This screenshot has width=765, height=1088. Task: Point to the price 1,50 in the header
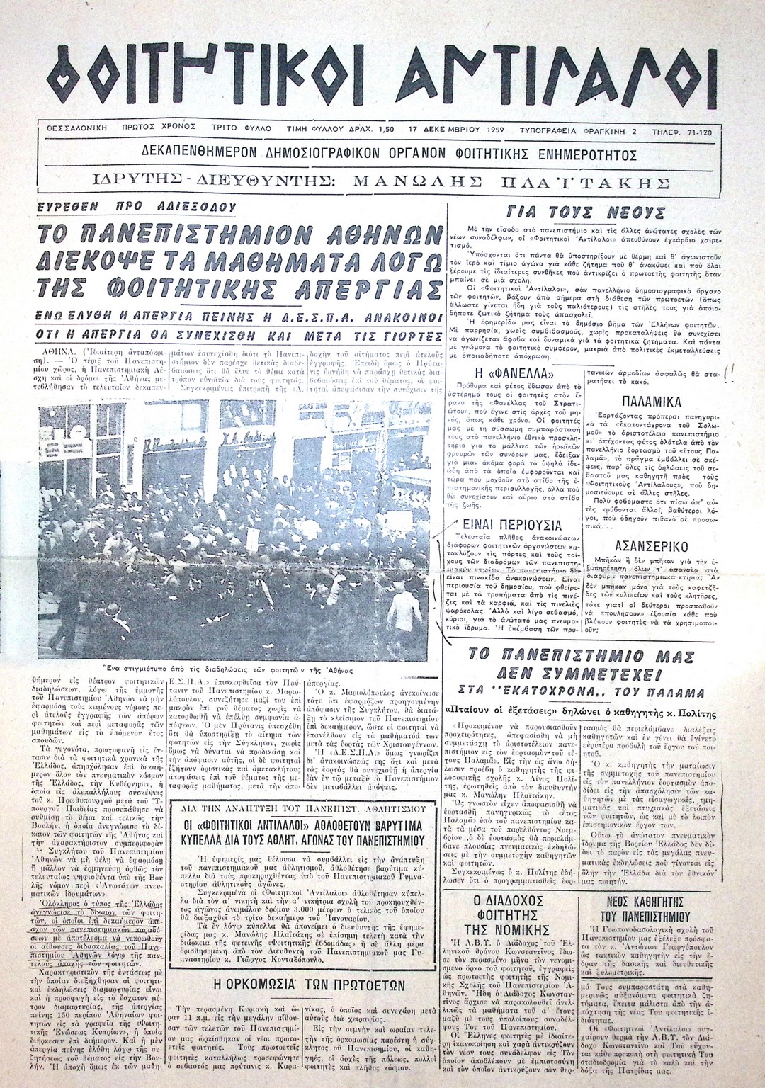tap(387, 131)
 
